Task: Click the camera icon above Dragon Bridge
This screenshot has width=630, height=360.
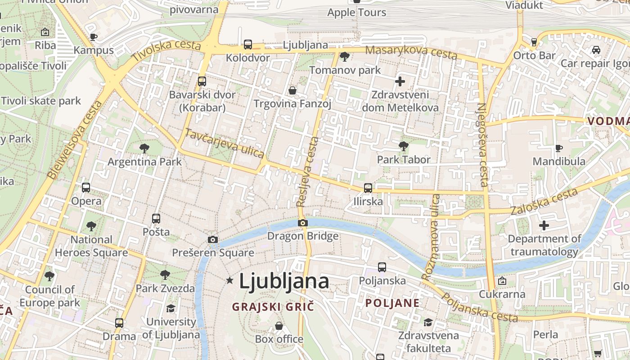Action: (x=303, y=223)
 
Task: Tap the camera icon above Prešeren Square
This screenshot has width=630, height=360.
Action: (x=213, y=240)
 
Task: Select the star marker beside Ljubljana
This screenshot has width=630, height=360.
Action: (x=230, y=281)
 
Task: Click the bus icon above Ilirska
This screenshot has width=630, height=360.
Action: (x=368, y=188)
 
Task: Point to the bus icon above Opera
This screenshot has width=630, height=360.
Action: (x=86, y=187)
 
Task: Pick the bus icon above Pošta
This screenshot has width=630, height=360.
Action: (x=156, y=219)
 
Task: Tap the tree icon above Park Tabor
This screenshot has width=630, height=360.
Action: (x=404, y=146)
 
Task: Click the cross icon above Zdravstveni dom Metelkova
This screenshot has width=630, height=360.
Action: (x=400, y=81)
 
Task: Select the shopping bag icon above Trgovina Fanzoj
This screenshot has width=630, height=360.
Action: (x=292, y=90)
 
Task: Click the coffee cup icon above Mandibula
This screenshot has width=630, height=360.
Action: (x=558, y=148)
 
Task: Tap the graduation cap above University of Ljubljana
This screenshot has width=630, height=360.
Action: (x=171, y=308)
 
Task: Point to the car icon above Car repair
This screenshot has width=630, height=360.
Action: (x=596, y=50)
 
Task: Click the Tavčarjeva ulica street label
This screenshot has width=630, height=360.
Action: (x=225, y=144)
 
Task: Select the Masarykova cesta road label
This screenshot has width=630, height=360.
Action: (x=411, y=52)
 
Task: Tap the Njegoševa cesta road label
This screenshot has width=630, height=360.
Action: (x=482, y=144)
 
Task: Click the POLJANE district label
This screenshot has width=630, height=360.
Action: (x=392, y=303)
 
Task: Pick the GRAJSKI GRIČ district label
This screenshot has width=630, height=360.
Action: (x=273, y=307)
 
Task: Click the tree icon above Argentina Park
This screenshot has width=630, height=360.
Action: (x=144, y=148)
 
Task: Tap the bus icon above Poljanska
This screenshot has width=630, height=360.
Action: (x=382, y=267)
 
